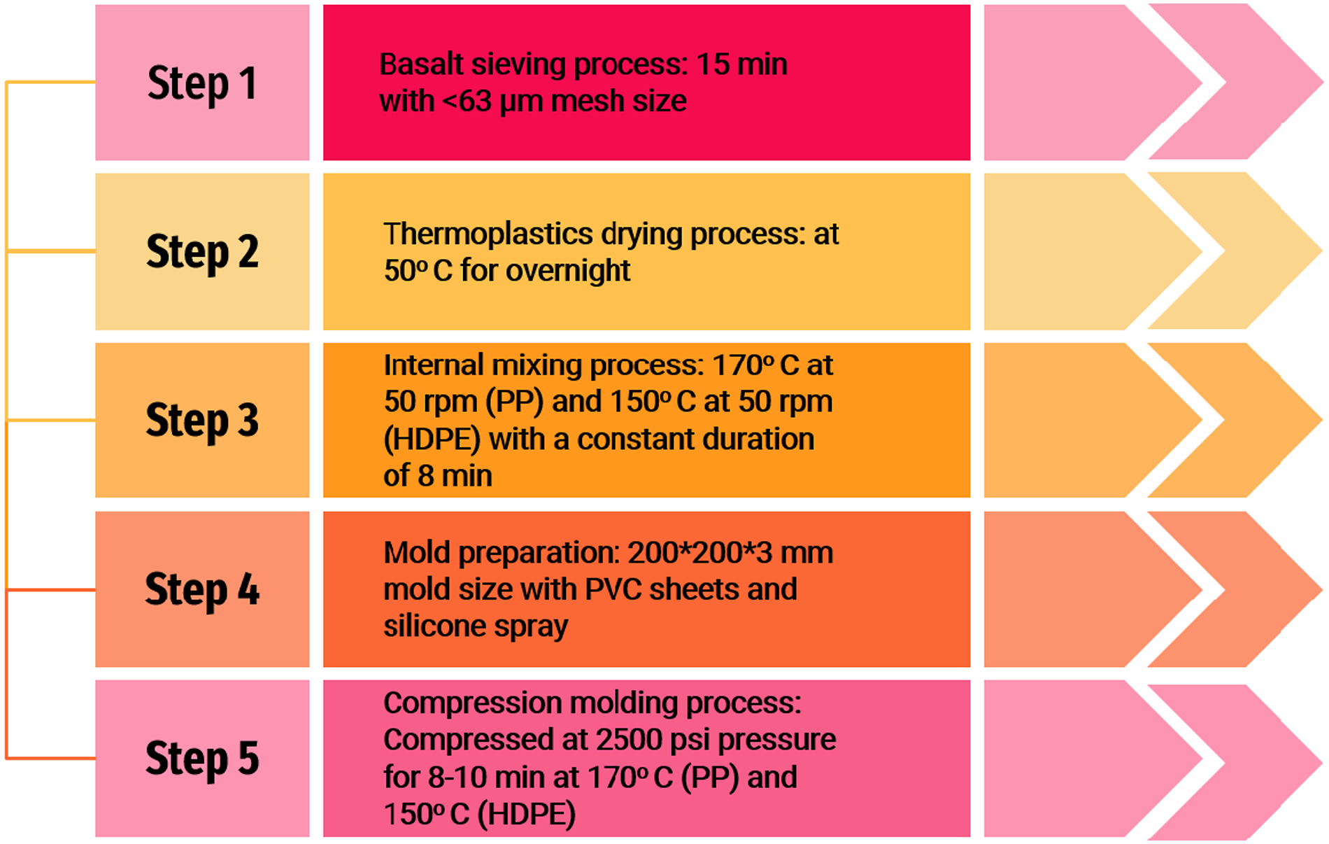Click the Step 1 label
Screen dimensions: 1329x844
[202, 83]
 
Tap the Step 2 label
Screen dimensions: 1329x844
[202, 252]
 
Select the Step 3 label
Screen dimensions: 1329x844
[202, 421]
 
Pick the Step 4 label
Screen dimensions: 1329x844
[202, 589]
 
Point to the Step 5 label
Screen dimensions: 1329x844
[202, 759]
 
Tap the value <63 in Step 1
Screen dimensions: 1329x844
[467, 101]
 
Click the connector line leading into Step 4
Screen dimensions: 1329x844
[51, 590]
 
